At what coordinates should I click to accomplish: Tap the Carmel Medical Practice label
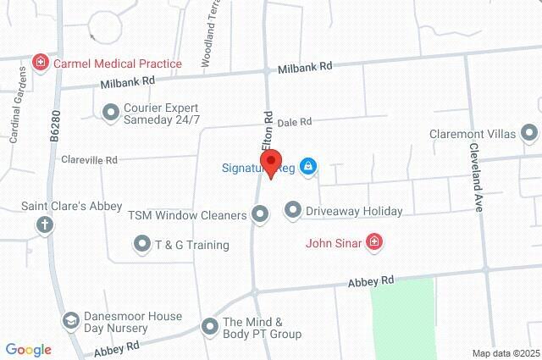pyautogui.click(x=118, y=64)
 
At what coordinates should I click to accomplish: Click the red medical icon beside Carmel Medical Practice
pyautogui.click(x=40, y=63)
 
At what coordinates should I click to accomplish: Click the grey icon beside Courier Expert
pyautogui.click(x=110, y=112)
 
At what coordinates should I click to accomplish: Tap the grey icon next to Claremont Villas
pyautogui.click(x=529, y=133)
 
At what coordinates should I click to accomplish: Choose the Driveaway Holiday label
pyautogui.click(x=354, y=210)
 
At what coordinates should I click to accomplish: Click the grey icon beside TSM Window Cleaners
pyautogui.click(x=260, y=215)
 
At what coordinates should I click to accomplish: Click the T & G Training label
pyautogui.click(x=191, y=245)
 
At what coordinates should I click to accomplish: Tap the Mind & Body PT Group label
pyautogui.click(x=262, y=328)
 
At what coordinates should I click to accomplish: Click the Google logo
pyautogui.click(x=28, y=350)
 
